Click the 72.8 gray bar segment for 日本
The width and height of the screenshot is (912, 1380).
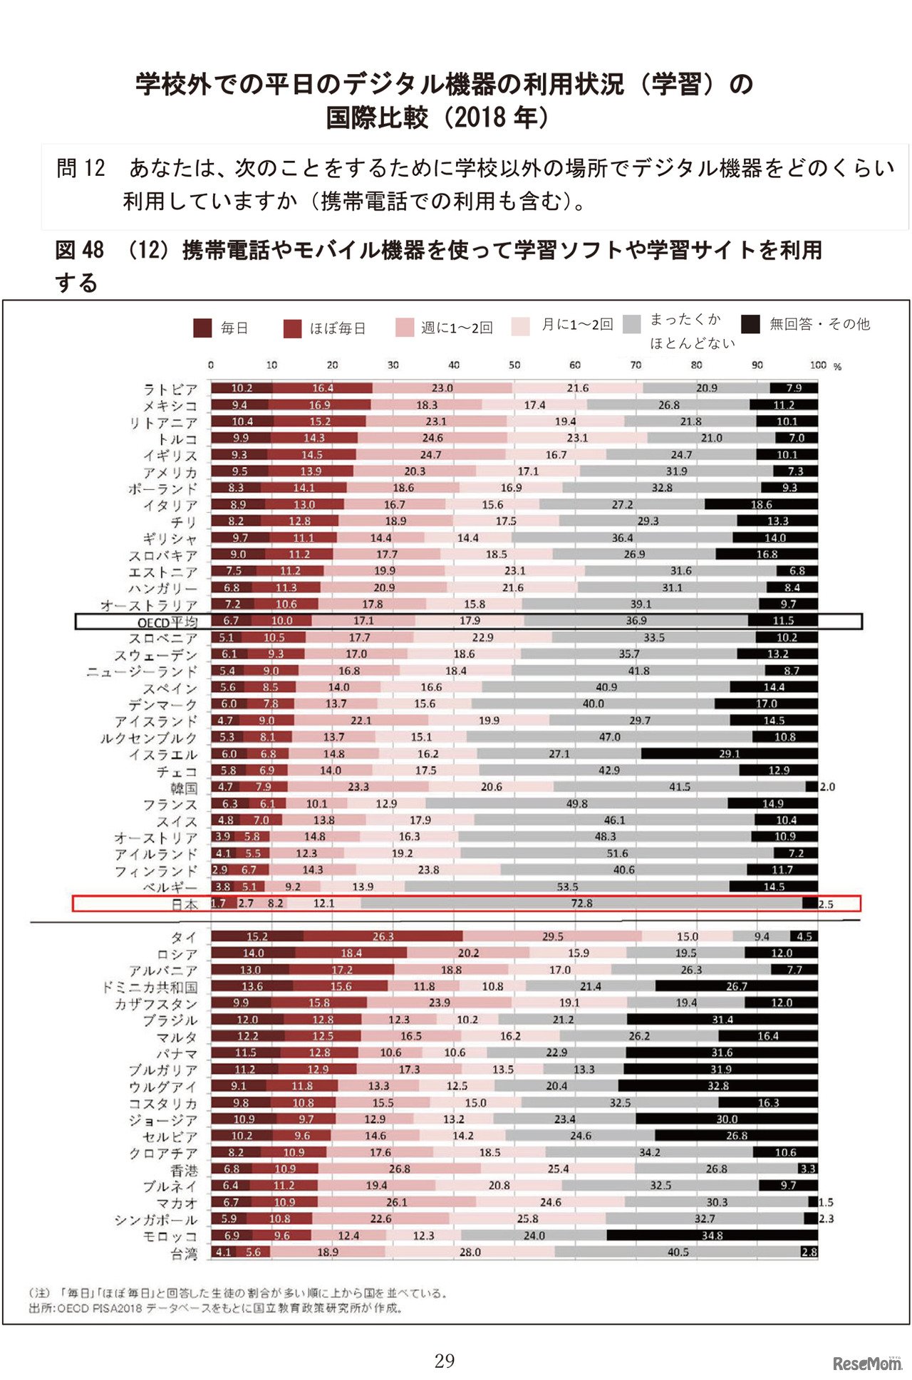(x=581, y=903)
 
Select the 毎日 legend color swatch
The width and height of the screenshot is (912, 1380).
(x=202, y=328)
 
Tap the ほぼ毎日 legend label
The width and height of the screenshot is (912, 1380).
(x=338, y=328)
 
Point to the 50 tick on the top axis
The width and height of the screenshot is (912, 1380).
(x=514, y=365)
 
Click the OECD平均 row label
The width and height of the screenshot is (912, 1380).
(x=167, y=622)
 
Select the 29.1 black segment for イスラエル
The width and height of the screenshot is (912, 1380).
(x=729, y=753)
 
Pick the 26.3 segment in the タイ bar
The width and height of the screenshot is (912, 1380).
(x=383, y=936)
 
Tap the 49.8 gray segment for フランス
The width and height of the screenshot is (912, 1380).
(x=576, y=803)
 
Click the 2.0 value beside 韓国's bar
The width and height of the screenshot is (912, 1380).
(x=827, y=787)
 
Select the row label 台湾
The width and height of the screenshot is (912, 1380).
(x=184, y=1254)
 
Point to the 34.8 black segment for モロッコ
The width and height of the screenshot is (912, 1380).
(x=712, y=1235)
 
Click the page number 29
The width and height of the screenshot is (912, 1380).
(x=445, y=1361)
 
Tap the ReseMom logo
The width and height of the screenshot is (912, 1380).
(x=867, y=1363)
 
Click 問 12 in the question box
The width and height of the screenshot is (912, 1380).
(x=81, y=168)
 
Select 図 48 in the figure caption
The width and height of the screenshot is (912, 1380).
(x=80, y=250)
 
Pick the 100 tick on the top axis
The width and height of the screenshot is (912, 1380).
(x=817, y=365)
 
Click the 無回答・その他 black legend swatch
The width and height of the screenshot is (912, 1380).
(x=750, y=324)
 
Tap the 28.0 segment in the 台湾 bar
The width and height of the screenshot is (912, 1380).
(x=470, y=1252)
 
